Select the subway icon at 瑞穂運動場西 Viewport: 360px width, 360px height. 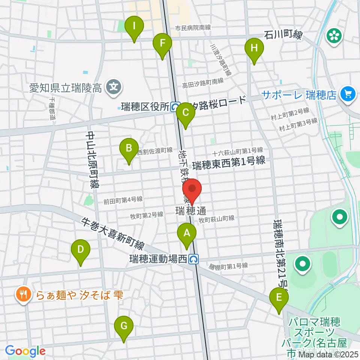tap(193, 259)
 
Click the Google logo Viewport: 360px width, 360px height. tap(25, 351)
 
